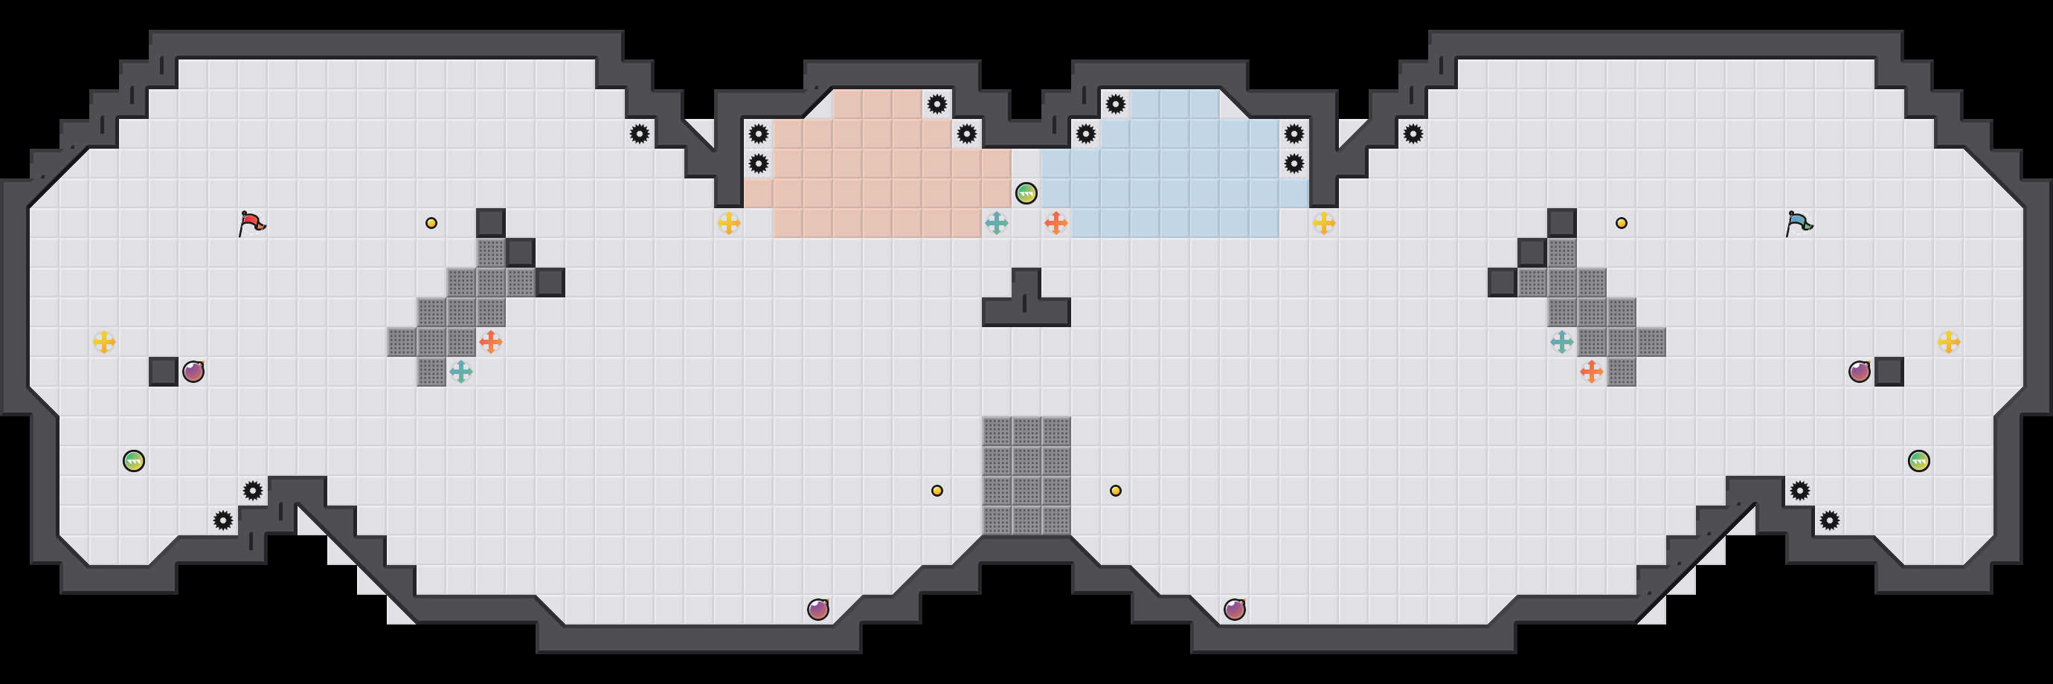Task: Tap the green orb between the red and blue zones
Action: click(1026, 193)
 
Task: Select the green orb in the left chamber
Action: click(134, 460)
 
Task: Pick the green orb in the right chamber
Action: click(1919, 460)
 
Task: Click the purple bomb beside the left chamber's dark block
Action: click(193, 371)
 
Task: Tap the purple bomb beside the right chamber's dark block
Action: click(1860, 371)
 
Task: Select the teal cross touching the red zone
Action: click(996, 223)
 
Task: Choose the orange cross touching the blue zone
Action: click(1056, 223)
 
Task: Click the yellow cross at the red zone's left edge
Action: click(728, 223)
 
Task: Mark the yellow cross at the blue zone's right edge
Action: click(1324, 223)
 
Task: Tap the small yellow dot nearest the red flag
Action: click(431, 223)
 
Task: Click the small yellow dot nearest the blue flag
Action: click(1621, 223)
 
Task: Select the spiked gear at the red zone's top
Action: click(936, 103)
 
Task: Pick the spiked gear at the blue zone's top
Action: click(1116, 103)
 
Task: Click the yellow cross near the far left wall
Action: click(103, 341)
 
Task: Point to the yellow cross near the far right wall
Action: click(1949, 341)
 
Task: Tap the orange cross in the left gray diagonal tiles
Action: click(491, 341)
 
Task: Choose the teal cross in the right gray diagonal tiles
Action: click(1562, 341)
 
